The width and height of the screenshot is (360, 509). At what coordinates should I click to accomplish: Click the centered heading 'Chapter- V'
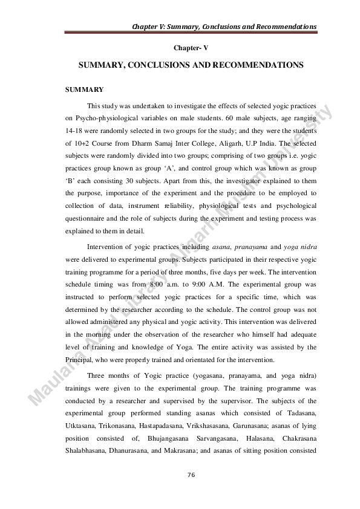(191, 47)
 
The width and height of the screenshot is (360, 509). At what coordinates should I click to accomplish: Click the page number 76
(191, 475)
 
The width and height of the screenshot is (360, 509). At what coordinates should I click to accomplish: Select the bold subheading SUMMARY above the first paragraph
(84, 89)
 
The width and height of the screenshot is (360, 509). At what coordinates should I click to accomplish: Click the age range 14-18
(76, 131)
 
